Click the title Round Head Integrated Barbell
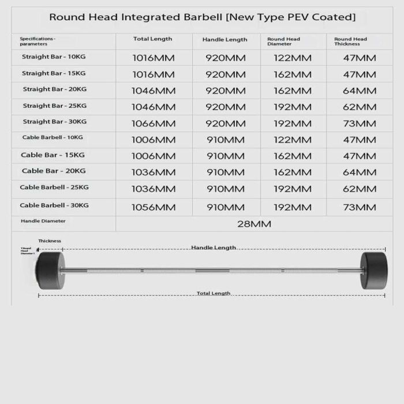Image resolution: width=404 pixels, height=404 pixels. click(202, 17)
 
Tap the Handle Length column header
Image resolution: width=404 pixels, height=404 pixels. click(225, 39)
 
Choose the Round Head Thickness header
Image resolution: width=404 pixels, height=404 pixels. click(350, 41)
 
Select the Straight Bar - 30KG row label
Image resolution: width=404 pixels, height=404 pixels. click(54, 122)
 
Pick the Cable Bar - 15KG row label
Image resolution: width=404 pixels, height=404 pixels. click(53, 155)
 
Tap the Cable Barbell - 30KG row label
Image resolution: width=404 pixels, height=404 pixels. click(54, 205)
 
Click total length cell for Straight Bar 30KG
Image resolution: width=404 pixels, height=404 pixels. click(154, 124)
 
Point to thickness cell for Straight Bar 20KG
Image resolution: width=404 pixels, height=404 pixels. click(359, 91)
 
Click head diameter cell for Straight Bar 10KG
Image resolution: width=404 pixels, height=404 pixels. click(292, 58)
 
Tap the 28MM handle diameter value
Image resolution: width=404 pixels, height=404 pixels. click(255, 224)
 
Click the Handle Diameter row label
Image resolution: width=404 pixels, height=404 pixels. click(43, 220)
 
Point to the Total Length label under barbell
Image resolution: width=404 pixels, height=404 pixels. click(214, 293)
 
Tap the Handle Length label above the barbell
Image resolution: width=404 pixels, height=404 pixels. click(214, 248)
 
